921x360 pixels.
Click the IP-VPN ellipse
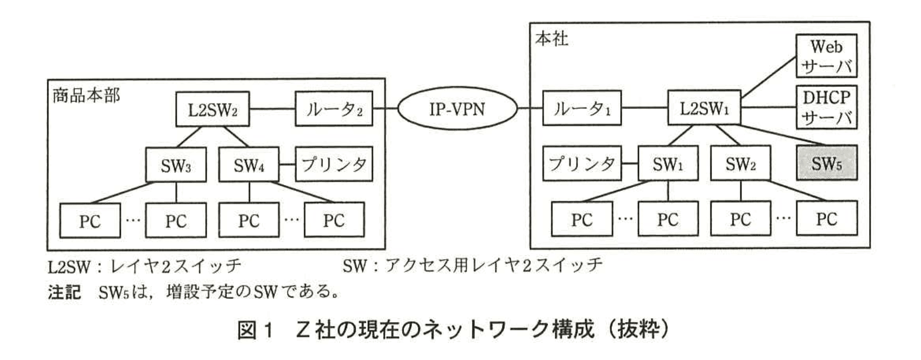(457, 108)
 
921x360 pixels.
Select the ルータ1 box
(581, 108)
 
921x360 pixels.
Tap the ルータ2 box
(334, 108)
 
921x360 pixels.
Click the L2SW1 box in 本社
(704, 108)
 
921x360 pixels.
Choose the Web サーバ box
(826, 55)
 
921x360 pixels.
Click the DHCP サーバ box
(826, 107)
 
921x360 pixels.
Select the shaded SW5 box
(826, 164)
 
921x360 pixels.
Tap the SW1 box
(668, 164)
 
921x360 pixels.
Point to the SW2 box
(740, 164)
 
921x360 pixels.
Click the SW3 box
(176, 165)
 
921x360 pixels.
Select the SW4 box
(248, 165)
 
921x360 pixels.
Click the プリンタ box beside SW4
(334, 165)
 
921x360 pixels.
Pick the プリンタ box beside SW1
(581, 164)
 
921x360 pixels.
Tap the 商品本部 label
(86, 94)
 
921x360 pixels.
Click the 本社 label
(551, 38)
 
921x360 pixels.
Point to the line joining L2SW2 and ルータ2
(272, 108)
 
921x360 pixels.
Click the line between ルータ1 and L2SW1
(644, 108)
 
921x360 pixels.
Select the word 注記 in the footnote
(64, 292)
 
